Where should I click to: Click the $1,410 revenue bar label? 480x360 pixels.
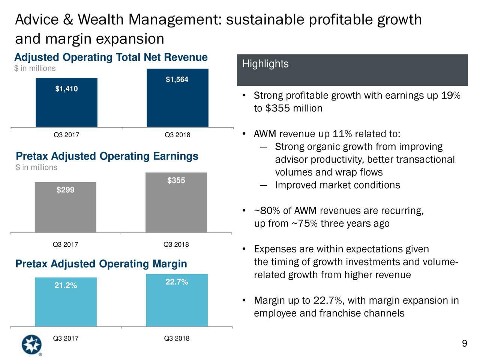coord(66,89)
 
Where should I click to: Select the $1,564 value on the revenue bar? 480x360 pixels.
coord(177,79)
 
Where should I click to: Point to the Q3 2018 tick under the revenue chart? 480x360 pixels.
coord(177,135)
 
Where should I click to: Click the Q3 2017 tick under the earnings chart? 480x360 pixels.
coord(65,245)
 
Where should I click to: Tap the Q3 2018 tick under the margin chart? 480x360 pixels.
coord(177,339)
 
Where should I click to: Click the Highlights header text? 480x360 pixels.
coord(265,64)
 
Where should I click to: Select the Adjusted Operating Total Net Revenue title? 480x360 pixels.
coord(111,57)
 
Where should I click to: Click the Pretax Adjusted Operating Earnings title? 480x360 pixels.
coord(107,156)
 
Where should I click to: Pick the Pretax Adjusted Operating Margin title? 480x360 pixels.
coord(101,264)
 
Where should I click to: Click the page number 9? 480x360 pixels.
coord(464,344)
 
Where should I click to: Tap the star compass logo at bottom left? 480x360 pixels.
coord(31,344)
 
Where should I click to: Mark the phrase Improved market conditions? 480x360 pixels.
coord(337,186)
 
